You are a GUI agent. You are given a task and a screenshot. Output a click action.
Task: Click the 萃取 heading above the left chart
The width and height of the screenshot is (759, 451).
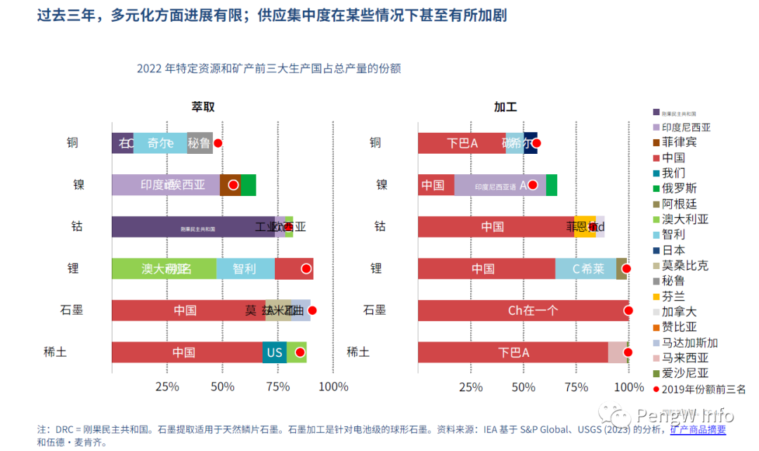[x=203, y=107]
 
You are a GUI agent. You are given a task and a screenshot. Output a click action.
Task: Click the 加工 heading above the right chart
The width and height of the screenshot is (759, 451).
[x=505, y=107]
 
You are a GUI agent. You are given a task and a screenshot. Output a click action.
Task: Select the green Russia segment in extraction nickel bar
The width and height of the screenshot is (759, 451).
[x=249, y=185]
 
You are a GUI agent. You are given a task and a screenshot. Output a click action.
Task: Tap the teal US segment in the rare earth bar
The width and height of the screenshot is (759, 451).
[x=274, y=352]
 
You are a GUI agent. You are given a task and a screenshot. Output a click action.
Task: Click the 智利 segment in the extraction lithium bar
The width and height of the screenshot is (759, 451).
[x=245, y=268]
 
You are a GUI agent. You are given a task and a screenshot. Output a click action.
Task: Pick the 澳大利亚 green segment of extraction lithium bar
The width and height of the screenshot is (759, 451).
[x=164, y=268]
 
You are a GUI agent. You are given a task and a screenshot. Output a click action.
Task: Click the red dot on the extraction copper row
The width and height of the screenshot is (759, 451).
[x=218, y=143]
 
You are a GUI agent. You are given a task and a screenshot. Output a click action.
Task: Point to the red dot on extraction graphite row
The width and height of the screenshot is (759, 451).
[x=312, y=311]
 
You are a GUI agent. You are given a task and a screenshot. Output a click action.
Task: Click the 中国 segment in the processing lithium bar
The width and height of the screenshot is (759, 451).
[x=486, y=268]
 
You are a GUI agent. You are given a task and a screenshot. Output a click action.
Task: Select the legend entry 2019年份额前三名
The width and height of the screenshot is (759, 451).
[x=699, y=389]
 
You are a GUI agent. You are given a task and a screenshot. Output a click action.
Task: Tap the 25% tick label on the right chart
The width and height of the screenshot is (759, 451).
[x=471, y=387]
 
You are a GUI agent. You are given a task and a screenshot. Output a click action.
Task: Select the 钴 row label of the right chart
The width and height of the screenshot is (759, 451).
[x=379, y=227]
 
